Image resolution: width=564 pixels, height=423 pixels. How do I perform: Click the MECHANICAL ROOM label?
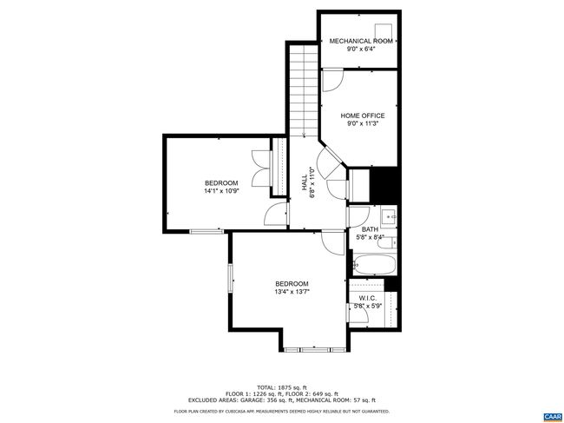tap(361, 41)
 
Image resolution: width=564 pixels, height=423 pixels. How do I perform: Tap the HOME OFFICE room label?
tap(363, 116)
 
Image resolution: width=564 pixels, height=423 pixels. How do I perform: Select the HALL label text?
tap(305, 182)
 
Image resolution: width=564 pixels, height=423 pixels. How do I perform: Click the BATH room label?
tap(370, 229)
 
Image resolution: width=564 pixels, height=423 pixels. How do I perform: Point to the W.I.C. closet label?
tap(368, 299)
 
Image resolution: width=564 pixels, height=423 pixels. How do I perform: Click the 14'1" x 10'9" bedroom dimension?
tap(221, 191)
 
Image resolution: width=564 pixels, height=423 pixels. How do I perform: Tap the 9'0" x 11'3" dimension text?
tap(363, 123)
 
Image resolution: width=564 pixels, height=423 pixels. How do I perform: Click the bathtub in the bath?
tap(374, 265)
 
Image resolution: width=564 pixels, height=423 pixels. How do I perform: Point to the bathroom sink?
tap(389, 216)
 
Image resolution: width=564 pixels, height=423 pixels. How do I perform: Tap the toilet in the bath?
tap(387, 243)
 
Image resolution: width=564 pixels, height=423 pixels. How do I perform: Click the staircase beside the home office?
tap(304, 90)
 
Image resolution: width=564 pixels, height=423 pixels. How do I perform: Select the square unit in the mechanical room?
tap(384, 31)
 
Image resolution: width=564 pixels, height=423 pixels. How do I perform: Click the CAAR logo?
tap(552, 417)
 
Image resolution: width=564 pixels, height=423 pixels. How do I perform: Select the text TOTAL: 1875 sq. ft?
tap(282, 387)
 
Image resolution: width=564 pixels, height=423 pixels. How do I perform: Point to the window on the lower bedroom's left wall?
tap(231, 278)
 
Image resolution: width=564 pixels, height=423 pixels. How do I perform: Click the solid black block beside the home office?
tap(385, 185)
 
